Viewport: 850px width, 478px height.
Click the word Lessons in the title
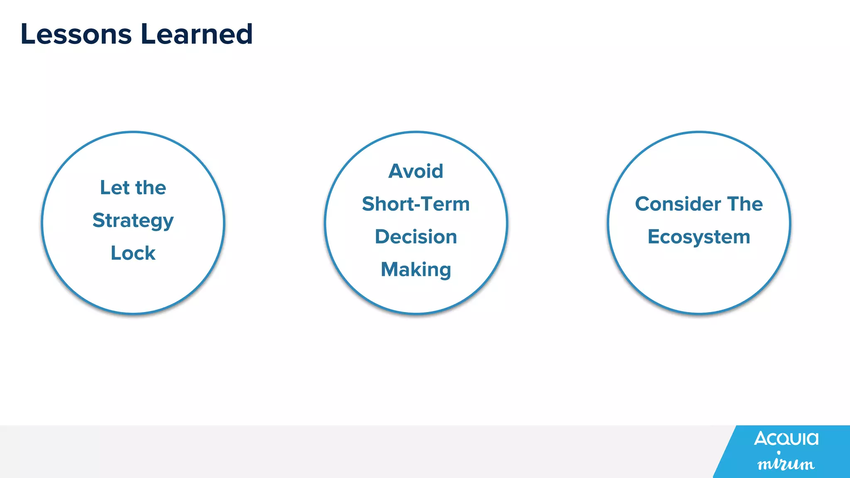(76, 34)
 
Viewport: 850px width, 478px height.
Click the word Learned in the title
(196, 34)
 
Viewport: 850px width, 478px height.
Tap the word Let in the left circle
(115, 188)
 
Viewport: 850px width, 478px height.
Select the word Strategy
(133, 221)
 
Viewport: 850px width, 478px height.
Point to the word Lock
(133, 253)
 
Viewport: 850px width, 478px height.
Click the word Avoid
(416, 171)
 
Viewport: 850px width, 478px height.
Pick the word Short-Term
(416, 204)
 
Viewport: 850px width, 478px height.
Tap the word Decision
(416, 237)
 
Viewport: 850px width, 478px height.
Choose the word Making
(416, 270)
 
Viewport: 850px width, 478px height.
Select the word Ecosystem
(699, 237)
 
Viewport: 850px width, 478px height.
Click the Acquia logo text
(786, 438)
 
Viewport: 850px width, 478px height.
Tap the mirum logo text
(786, 463)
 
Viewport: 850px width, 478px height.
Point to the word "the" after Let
(151, 188)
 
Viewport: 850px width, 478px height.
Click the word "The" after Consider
(745, 204)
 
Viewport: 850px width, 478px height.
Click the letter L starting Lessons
(27, 34)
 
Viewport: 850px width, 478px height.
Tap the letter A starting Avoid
(396, 171)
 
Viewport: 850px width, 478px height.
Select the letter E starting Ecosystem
(654, 237)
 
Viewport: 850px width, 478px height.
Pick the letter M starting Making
(390, 270)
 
